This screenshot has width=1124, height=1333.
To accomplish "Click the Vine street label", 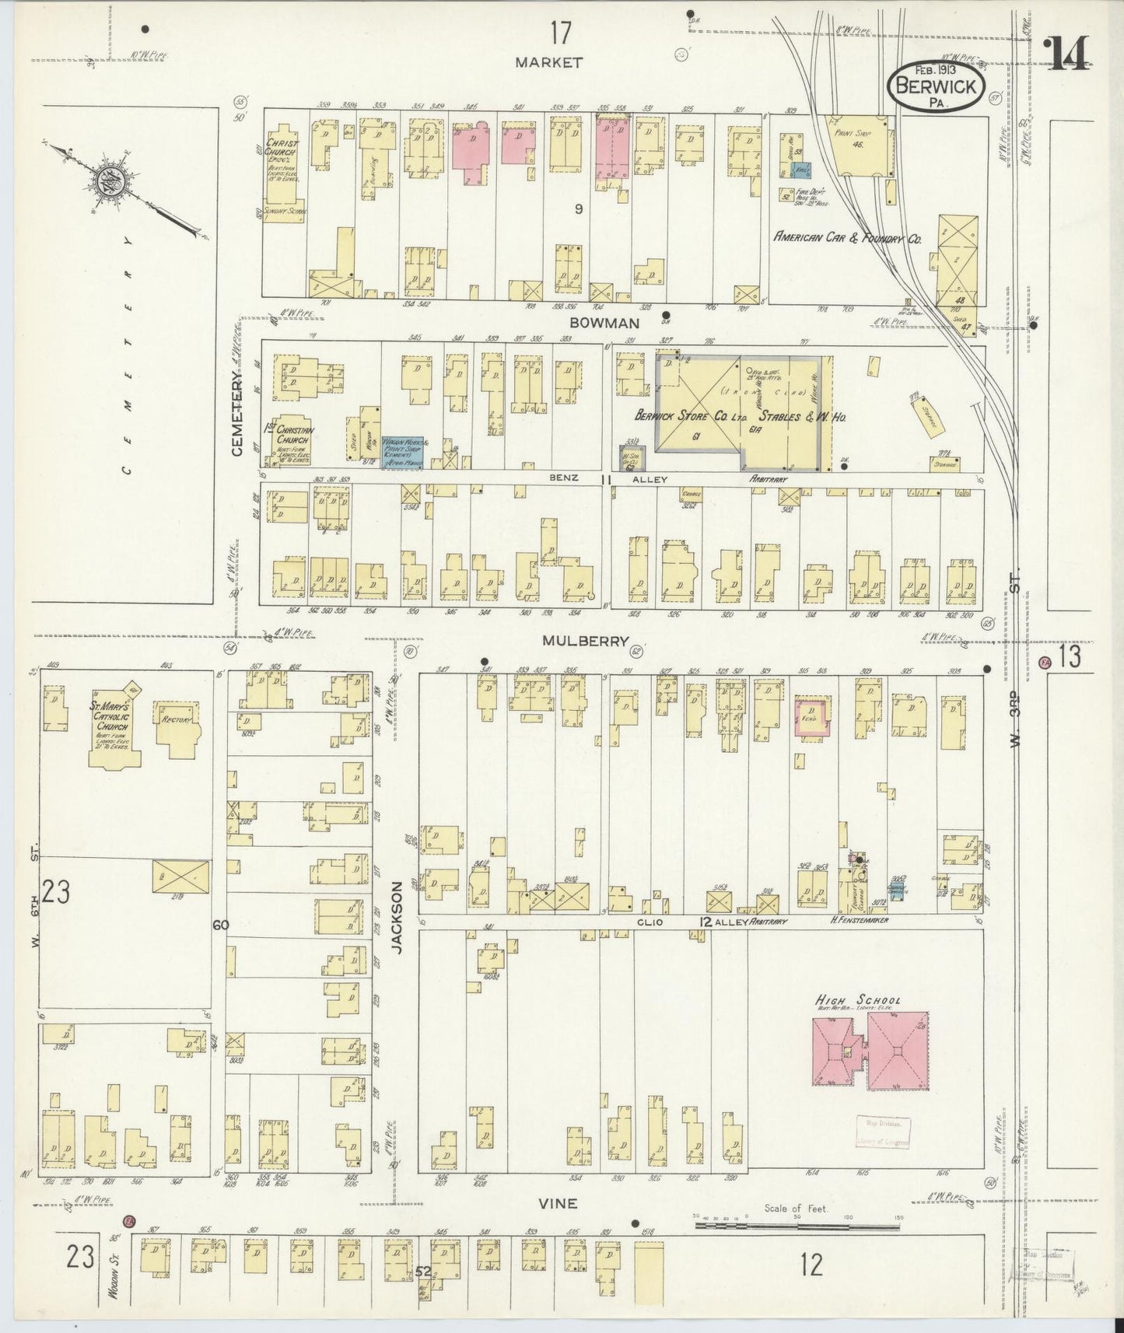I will click(558, 1203).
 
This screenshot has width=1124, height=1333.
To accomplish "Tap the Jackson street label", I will click(398, 918).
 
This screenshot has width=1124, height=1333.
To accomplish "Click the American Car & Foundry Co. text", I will click(847, 240).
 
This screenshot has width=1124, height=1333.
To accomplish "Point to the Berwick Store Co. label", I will click(690, 418).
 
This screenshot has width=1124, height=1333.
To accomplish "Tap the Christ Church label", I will click(280, 148).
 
